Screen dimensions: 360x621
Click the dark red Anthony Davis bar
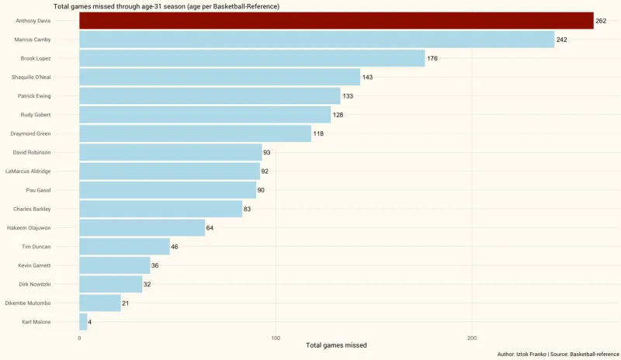tap(336, 21)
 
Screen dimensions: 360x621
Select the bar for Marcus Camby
tap(317, 40)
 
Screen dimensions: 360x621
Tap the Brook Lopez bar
tap(252, 58)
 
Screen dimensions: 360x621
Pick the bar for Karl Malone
tap(83, 321)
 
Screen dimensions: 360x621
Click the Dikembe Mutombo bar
tap(100, 303)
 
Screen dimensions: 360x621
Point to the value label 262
tap(601, 21)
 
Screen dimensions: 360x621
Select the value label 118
tap(318, 133)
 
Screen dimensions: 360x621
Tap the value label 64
tap(212, 228)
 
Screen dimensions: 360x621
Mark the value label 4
tap(90, 321)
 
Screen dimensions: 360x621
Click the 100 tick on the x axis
tap(276, 337)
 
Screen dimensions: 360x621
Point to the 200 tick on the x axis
tap(472, 337)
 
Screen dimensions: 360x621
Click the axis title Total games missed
tap(336, 345)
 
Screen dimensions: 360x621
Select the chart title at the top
tap(166, 6)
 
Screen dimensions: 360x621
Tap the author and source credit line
tap(558, 354)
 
